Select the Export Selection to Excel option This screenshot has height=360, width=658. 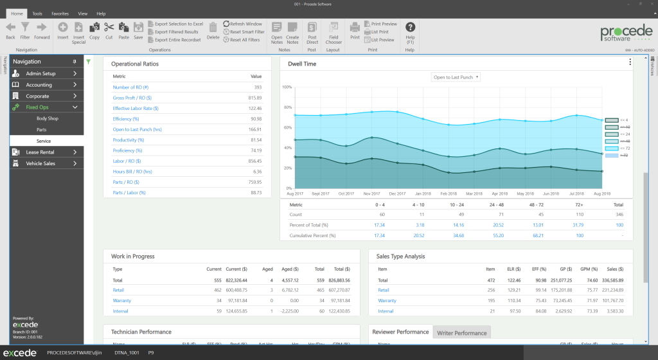[179, 24]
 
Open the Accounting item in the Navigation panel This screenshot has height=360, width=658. [39, 85]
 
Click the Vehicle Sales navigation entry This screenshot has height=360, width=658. [40, 163]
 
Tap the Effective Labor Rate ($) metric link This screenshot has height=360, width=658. [136, 109]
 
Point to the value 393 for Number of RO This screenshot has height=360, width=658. [257, 87]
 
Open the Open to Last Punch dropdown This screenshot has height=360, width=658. [456, 77]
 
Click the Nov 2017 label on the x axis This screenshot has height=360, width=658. [372, 194]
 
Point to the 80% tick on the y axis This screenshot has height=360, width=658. [287, 107]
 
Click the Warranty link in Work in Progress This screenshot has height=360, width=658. [121, 300]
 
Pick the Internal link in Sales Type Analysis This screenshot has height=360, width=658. [386, 311]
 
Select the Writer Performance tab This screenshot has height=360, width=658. [461, 333]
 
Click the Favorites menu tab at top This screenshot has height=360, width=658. [60, 13]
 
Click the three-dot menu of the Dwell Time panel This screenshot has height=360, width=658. [630, 62]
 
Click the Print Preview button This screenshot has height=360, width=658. [384, 24]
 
